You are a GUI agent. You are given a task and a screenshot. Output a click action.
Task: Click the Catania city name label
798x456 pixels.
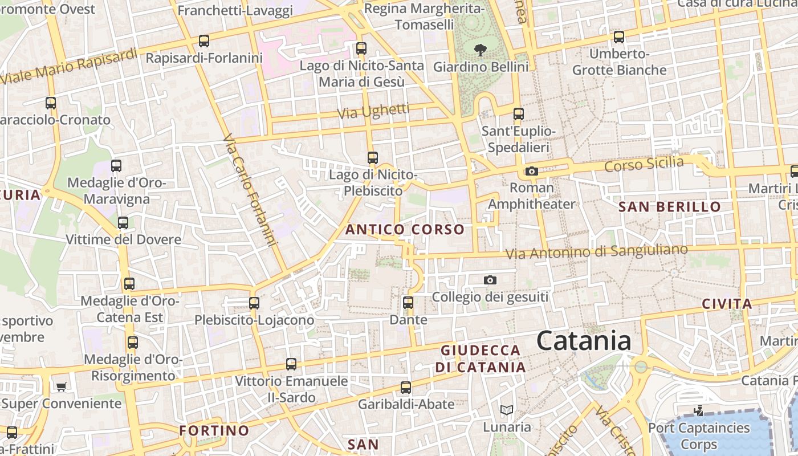pos(584,341)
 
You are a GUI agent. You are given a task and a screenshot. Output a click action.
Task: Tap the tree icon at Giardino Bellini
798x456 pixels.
pos(481,50)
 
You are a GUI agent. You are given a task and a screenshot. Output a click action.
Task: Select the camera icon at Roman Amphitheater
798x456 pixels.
pos(531,171)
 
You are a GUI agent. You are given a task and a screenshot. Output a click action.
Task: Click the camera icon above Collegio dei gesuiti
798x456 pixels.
pos(490,280)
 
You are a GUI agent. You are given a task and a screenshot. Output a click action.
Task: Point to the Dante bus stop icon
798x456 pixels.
pos(408,303)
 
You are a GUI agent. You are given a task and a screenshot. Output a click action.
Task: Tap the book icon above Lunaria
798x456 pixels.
pos(506,410)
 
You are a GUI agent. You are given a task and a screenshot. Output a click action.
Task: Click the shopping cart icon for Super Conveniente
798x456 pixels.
pos(61,386)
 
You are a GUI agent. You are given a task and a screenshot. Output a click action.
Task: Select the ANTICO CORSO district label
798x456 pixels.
pos(405,230)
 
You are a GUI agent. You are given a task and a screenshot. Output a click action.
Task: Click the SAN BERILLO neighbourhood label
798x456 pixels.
pos(670,207)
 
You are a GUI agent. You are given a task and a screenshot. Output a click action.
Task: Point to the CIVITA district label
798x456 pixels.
pos(727,304)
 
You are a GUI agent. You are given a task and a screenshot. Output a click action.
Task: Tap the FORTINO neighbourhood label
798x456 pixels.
pos(214,430)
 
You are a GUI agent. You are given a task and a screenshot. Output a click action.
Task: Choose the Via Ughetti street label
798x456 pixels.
pos(373,111)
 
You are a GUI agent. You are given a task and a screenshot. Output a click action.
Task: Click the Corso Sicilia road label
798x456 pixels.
pos(644,164)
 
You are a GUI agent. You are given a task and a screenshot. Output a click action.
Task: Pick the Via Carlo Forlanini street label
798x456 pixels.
pos(250,190)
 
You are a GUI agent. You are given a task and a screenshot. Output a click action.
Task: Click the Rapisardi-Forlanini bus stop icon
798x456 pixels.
pos(203,41)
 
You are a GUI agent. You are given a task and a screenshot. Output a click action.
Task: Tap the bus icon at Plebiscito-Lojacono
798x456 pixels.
pos(254,303)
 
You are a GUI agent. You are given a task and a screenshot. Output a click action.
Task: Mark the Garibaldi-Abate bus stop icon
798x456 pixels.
pos(406,388)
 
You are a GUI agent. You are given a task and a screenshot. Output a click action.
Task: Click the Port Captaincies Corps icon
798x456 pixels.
pos(699,410)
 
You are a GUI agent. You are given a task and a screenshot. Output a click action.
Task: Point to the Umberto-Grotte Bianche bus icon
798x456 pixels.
pos(619,37)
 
